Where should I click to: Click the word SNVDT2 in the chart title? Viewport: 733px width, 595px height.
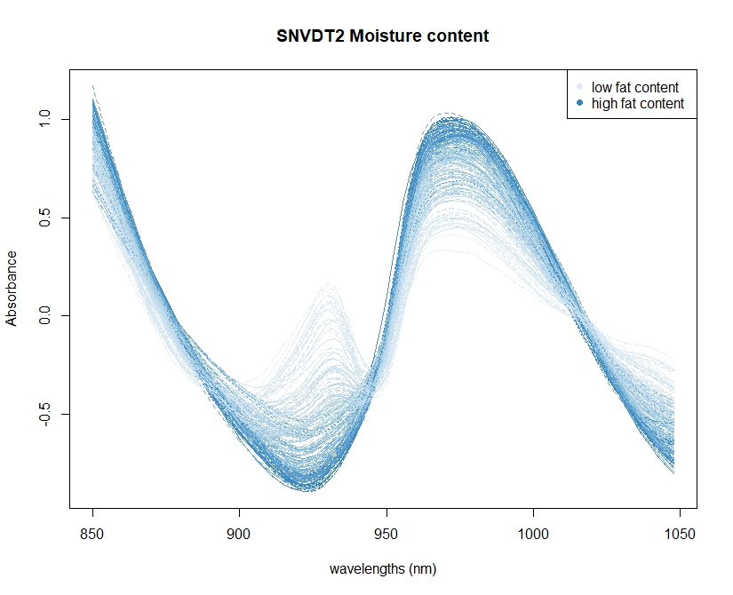311,36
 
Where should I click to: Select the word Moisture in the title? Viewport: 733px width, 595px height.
386,36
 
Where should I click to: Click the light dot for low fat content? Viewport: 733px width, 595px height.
580,87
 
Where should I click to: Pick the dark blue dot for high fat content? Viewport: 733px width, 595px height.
580,103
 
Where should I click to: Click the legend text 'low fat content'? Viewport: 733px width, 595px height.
635,87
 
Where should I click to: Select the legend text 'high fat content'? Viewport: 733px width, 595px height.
638,103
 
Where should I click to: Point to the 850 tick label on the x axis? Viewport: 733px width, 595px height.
92,534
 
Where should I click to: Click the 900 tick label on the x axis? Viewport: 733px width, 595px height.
239,534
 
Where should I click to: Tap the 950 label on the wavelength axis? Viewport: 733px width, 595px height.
386,534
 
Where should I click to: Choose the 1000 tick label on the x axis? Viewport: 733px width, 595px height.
533,534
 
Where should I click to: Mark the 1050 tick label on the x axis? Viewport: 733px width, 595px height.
680,534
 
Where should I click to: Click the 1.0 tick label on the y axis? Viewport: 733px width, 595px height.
45,119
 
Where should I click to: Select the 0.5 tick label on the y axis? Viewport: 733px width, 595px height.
45,218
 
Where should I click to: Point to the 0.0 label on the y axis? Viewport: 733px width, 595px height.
45,315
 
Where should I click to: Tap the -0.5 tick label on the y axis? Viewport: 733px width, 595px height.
45,414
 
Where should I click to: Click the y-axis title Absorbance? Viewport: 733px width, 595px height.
12,289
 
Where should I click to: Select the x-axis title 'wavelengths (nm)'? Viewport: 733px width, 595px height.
383,569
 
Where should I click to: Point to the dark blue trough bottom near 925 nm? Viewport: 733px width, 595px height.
308,489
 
